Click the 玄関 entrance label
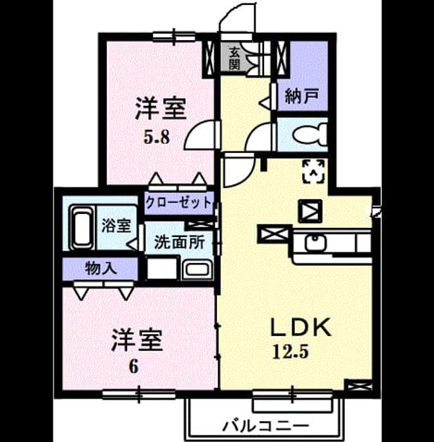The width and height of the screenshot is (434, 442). pyautogui.click(x=234, y=59)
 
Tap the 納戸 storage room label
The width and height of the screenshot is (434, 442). pyautogui.click(x=302, y=96)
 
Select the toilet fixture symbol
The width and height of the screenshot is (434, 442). pyautogui.click(x=310, y=135)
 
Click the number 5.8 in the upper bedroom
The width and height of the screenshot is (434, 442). pyautogui.click(x=157, y=138)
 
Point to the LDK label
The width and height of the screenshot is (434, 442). pyautogui.click(x=301, y=327)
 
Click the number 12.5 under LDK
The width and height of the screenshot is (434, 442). pyautogui.click(x=290, y=352)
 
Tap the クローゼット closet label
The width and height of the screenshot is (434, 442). pyautogui.click(x=178, y=202)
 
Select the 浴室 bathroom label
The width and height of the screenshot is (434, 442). pyautogui.click(x=117, y=225)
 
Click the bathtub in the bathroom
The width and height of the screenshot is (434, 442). pyautogui.click(x=82, y=228)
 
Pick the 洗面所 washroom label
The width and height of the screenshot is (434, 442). pyautogui.click(x=180, y=243)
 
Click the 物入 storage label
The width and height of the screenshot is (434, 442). pyautogui.click(x=100, y=268)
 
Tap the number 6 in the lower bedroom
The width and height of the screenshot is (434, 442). pyautogui.click(x=134, y=367)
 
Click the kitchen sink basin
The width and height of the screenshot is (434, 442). pyautogui.click(x=316, y=243)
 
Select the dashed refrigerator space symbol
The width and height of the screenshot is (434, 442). pyautogui.click(x=313, y=171)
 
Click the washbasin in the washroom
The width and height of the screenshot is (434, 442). pyautogui.click(x=197, y=269)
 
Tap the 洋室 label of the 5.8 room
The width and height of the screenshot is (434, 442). pyautogui.click(x=161, y=109)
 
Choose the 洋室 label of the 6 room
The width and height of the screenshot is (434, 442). pyautogui.click(x=137, y=340)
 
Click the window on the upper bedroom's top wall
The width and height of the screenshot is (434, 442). pyautogui.click(x=174, y=36)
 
